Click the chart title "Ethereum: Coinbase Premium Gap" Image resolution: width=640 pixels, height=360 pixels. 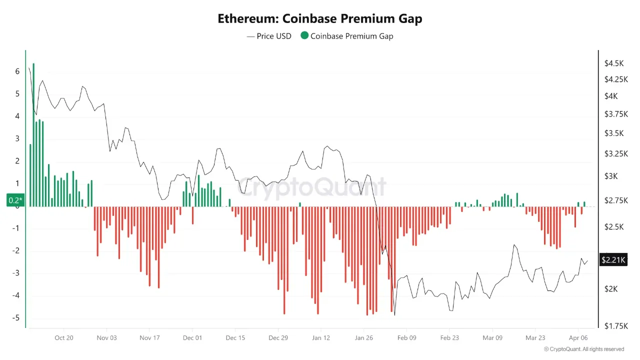[x=320, y=19]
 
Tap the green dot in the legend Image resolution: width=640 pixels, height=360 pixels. [x=304, y=36]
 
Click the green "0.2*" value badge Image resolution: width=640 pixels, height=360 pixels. [x=15, y=200]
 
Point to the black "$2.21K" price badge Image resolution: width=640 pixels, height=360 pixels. [x=613, y=259]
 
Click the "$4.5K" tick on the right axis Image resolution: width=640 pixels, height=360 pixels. [x=613, y=63]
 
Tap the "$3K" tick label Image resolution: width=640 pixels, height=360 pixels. [x=611, y=176]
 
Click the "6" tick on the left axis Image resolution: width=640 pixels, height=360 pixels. [x=17, y=71]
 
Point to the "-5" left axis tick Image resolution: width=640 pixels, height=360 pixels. [x=16, y=318]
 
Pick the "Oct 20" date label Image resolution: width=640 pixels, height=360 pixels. [x=64, y=338]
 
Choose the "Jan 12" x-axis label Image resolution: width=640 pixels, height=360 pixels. [x=321, y=338]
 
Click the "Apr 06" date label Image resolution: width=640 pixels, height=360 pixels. [x=578, y=338]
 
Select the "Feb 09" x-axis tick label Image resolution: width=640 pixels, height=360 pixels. [x=406, y=338]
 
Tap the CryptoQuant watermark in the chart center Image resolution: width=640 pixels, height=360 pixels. [x=311, y=187]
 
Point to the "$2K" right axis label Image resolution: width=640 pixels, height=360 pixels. [x=611, y=289]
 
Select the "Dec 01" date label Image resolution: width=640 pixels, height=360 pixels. [x=192, y=338]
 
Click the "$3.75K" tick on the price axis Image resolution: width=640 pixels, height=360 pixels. [x=615, y=114]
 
